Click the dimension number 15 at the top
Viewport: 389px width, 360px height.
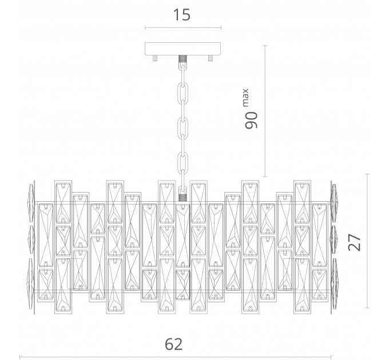[x=182, y=15]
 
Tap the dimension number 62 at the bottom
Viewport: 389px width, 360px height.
[x=174, y=344]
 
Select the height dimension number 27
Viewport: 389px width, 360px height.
[x=354, y=242]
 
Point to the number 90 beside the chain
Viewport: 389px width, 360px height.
[x=251, y=120]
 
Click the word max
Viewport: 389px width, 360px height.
[x=245, y=97]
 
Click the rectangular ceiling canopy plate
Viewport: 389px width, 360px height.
[x=183, y=49]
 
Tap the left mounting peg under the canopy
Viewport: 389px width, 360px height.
[x=155, y=58]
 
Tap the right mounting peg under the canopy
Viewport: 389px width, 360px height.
[x=211, y=58]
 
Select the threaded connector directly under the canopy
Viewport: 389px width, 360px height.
[x=182, y=59]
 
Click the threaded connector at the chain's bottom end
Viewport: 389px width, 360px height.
[x=182, y=198]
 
